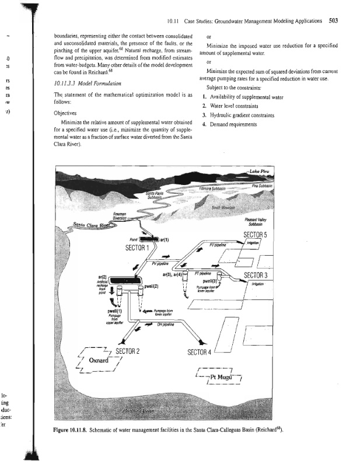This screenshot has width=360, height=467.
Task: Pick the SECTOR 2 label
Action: coord(131,350)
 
